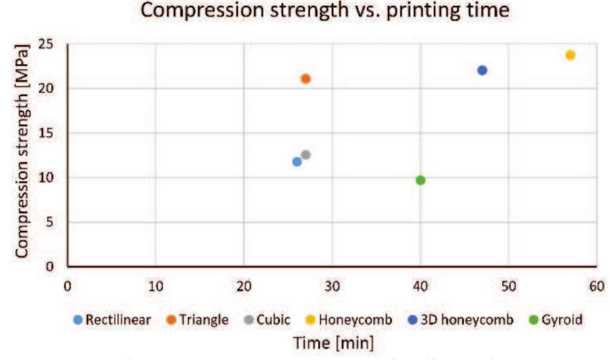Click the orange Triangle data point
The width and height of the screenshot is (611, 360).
coord(306,79)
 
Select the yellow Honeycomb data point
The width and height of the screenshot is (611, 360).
coord(571,55)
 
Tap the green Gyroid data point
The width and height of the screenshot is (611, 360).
coord(421,180)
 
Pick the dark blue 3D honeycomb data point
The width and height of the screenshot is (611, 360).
coord(482,70)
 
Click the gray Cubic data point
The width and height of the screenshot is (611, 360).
coord(306,155)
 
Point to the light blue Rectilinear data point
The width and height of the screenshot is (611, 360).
coord(297,161)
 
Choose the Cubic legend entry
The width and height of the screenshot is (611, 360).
coord(268,320)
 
